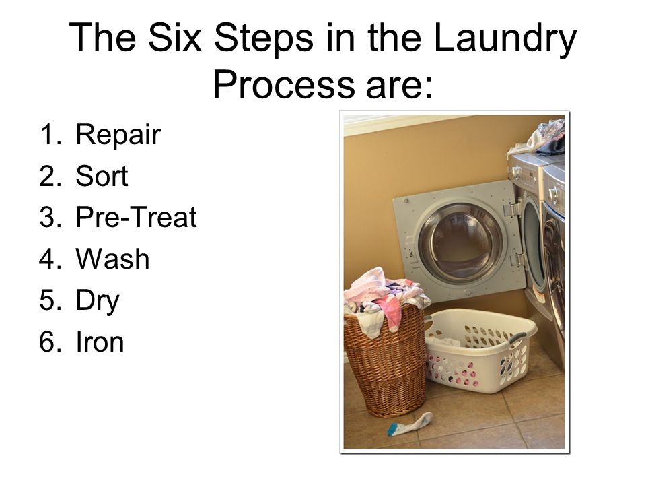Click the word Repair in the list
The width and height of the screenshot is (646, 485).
pyautogui.click(x=118, y=135)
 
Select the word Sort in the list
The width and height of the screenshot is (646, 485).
pyautogui.click(x=102, y=176)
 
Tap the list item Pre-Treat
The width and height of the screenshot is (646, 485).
pyautogui.click(x=136, y=217)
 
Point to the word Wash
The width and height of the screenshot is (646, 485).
pyautogui.click(x=112, y=259)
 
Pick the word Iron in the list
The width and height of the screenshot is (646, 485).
pyautogui.click(x=100, y=342)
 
